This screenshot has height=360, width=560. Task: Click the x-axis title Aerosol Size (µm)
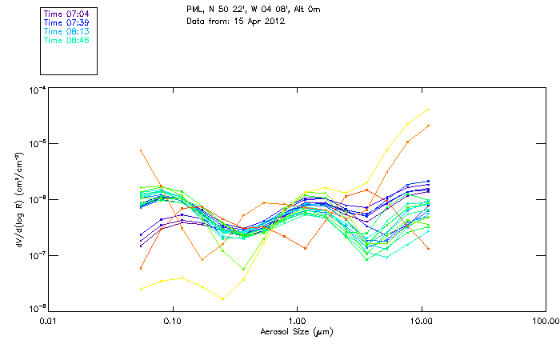[x=297, y=331]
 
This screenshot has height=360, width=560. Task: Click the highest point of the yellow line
[x=429, y=110]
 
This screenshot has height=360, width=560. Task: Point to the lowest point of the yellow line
[x=222, y=298]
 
